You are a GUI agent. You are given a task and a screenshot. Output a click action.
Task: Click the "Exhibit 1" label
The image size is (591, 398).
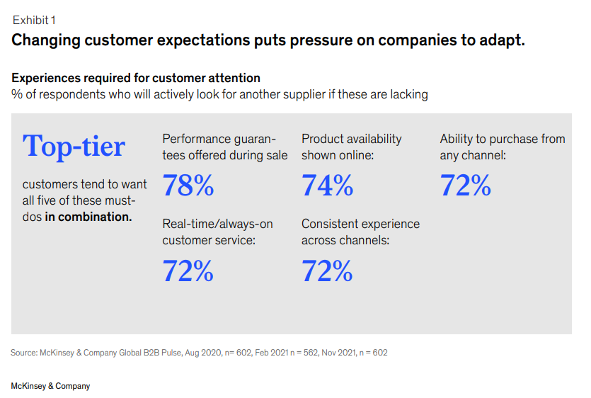point(34,20)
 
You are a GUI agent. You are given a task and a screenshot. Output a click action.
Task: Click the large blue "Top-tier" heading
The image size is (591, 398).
point(74,146)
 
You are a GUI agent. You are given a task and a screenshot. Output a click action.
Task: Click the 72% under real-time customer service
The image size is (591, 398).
point(188,271)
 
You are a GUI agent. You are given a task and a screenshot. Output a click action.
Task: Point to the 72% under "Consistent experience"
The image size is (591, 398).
point(327,271)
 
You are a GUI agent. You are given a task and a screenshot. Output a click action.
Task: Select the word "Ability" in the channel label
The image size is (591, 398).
point(458,139)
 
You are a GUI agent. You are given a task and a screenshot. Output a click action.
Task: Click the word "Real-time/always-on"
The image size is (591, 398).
point(217,224)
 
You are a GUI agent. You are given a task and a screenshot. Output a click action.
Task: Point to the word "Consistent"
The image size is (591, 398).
point(331,224)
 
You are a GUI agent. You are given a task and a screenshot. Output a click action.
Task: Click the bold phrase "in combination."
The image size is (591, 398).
point(88,217)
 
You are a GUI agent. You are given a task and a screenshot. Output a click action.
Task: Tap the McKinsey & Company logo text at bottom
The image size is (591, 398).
point(50,386)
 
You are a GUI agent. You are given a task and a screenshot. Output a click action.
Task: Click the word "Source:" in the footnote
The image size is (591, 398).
point(25,352)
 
